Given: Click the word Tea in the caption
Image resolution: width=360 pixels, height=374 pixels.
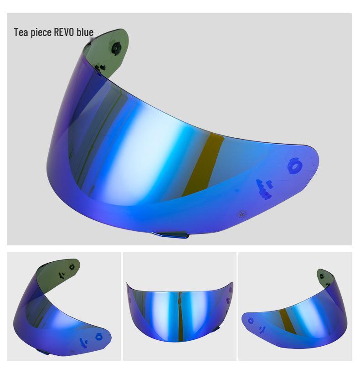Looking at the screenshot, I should (x=21, y=32).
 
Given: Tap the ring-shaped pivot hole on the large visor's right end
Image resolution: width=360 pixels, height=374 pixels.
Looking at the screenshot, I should (x=294, y=166).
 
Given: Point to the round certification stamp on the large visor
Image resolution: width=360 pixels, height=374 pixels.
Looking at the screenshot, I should (x=242, y=214).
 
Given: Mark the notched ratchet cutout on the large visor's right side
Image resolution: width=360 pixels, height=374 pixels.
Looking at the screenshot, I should (x=263, y=188).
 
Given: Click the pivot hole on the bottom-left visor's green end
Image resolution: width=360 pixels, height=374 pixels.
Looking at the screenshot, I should (x=72, y=266).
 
